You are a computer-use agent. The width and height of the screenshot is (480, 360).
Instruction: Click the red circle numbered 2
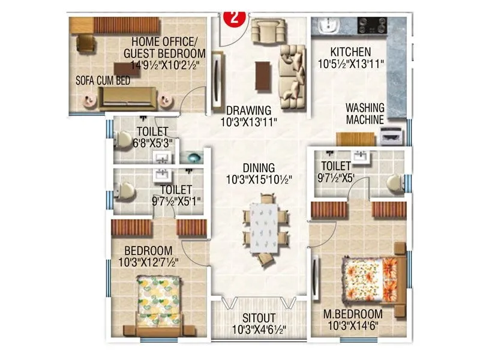click(234, 16)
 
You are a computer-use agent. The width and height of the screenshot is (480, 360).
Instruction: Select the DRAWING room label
click(248, 110)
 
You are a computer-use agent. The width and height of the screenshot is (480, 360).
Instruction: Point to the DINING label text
click(259, 168)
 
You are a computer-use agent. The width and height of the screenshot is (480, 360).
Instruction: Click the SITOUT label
click(259, 317)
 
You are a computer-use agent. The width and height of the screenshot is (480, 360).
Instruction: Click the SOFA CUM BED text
click(103, 81)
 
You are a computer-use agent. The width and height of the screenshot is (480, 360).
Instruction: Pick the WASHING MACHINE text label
click(364, 114)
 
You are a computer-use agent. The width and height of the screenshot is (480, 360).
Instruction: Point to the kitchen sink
click(328, 25)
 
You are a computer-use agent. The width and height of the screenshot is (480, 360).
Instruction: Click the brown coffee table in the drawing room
click(261, 75)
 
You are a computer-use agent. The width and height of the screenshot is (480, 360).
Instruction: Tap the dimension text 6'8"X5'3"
click(149, 142)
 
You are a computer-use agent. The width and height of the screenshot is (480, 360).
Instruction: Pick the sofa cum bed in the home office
click(128, 97)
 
